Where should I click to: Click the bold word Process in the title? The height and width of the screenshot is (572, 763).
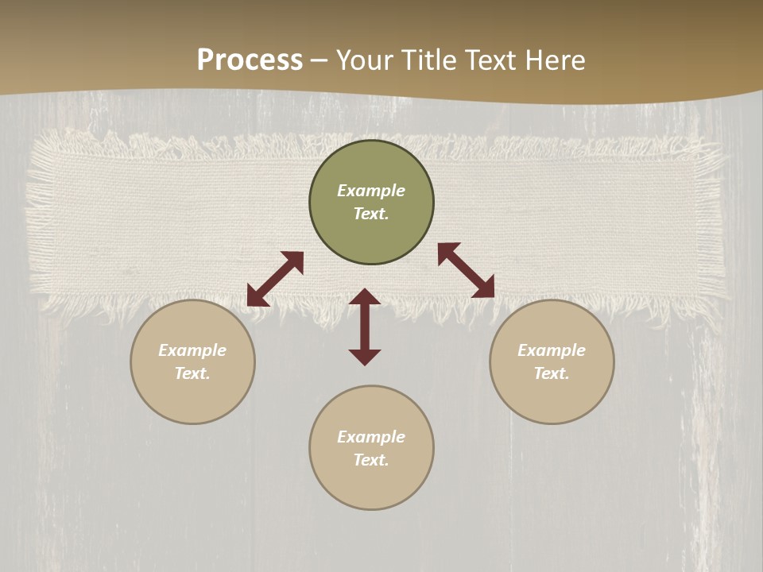(250, 60)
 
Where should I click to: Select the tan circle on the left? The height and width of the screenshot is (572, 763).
(192, 397)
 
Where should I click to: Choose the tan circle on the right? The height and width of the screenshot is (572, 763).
(552, 397)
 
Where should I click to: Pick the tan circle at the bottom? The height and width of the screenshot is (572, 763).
(371, 485)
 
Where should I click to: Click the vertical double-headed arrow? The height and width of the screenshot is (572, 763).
(365, 327)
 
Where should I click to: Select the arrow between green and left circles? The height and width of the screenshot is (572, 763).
(275, 279)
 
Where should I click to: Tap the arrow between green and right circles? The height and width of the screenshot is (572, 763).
(466, 270)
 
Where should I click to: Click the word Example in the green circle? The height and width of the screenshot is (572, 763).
(371, 191)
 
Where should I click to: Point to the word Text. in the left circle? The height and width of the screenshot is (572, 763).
(192, 373)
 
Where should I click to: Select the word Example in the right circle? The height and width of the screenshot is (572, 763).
(552, 350)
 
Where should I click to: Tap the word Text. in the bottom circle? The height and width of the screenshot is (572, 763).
(371, 460)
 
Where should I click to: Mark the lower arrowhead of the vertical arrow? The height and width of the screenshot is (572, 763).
(365, 357)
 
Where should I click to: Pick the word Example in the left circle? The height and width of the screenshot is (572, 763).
(192, 350)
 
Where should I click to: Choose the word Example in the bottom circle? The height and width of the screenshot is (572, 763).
(371, 437)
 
